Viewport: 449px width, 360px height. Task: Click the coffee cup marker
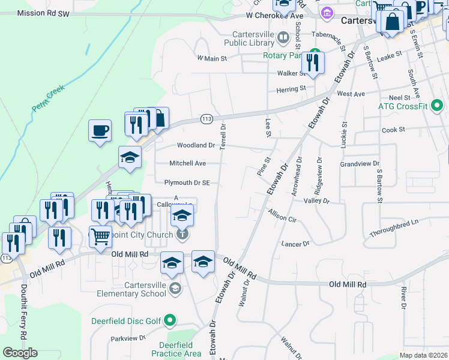click(x=100, y=130)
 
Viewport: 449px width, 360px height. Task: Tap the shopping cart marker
click(x=100, y=236)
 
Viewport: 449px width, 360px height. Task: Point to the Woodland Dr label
click(x=196, y=145)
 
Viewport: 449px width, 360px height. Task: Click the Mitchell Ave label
click(x=187, y=163)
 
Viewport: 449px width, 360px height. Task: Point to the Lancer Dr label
click(x=295, y=244)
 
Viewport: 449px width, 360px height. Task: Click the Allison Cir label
click(x=283, y=216)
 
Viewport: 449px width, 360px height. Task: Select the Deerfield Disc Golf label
click(x=127, y=321)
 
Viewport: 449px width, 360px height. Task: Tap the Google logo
click(x=20, y=353)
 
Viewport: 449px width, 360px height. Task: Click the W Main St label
click(x=212, y=59)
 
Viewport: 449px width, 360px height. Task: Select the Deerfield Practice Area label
click(x=176, y=349)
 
